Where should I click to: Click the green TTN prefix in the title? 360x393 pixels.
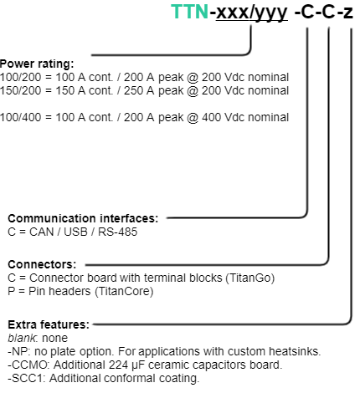point(189,12)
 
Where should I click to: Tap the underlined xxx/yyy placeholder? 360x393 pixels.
point(252,13)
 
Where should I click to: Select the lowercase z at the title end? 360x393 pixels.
point(348,13)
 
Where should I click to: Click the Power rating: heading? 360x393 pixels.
point(37,64)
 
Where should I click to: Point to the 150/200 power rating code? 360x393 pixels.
point(21,90)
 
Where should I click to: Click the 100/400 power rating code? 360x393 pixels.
point(21,117)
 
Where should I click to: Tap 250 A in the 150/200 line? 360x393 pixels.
point(139,90)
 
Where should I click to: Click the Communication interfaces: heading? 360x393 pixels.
point(83,218)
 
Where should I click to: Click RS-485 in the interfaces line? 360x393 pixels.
point(117,232)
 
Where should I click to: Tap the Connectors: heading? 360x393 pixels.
point(42,264)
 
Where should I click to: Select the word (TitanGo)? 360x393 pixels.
point(250,278)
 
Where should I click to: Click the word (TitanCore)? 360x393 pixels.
point(124,291)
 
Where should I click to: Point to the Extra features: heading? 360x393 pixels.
point(49,324)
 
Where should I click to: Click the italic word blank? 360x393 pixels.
point(22,338)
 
